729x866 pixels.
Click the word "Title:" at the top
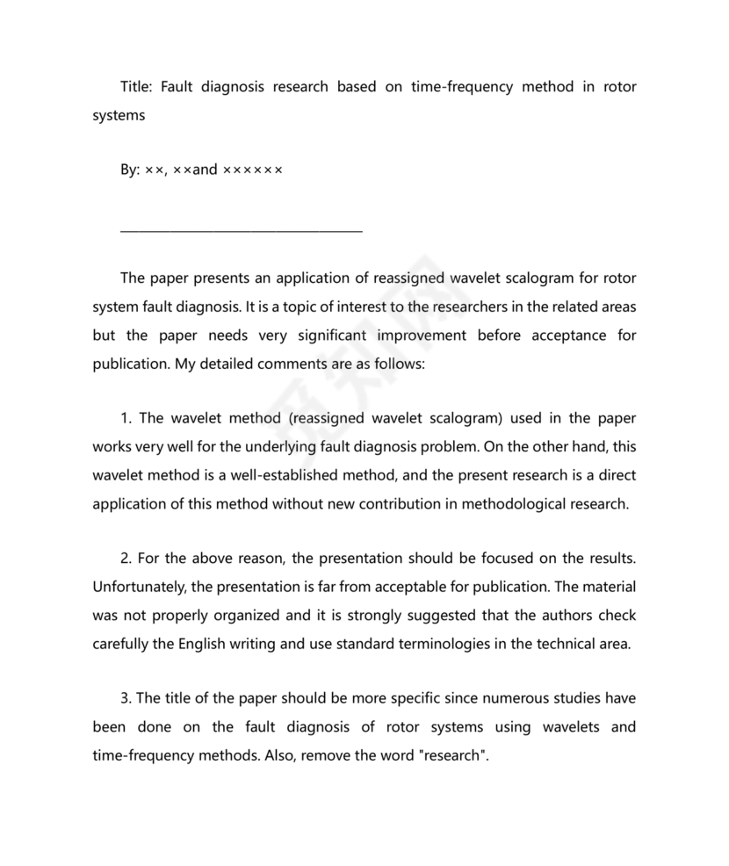pyautogui.click(x=138, y=87)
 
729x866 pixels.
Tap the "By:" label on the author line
pyautogui.click(x=130, y=170)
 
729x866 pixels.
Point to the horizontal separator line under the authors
pyautogui.click(x=241, y=232)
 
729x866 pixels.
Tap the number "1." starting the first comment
pyautogui.click(x=126, y=419)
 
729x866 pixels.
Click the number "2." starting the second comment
pyautogui.click(x=126, y=559)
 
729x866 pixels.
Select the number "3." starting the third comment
pyautogui.click(x=126, y=698)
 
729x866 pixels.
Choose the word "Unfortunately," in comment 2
pyautogui.click(x=138, y=587)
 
